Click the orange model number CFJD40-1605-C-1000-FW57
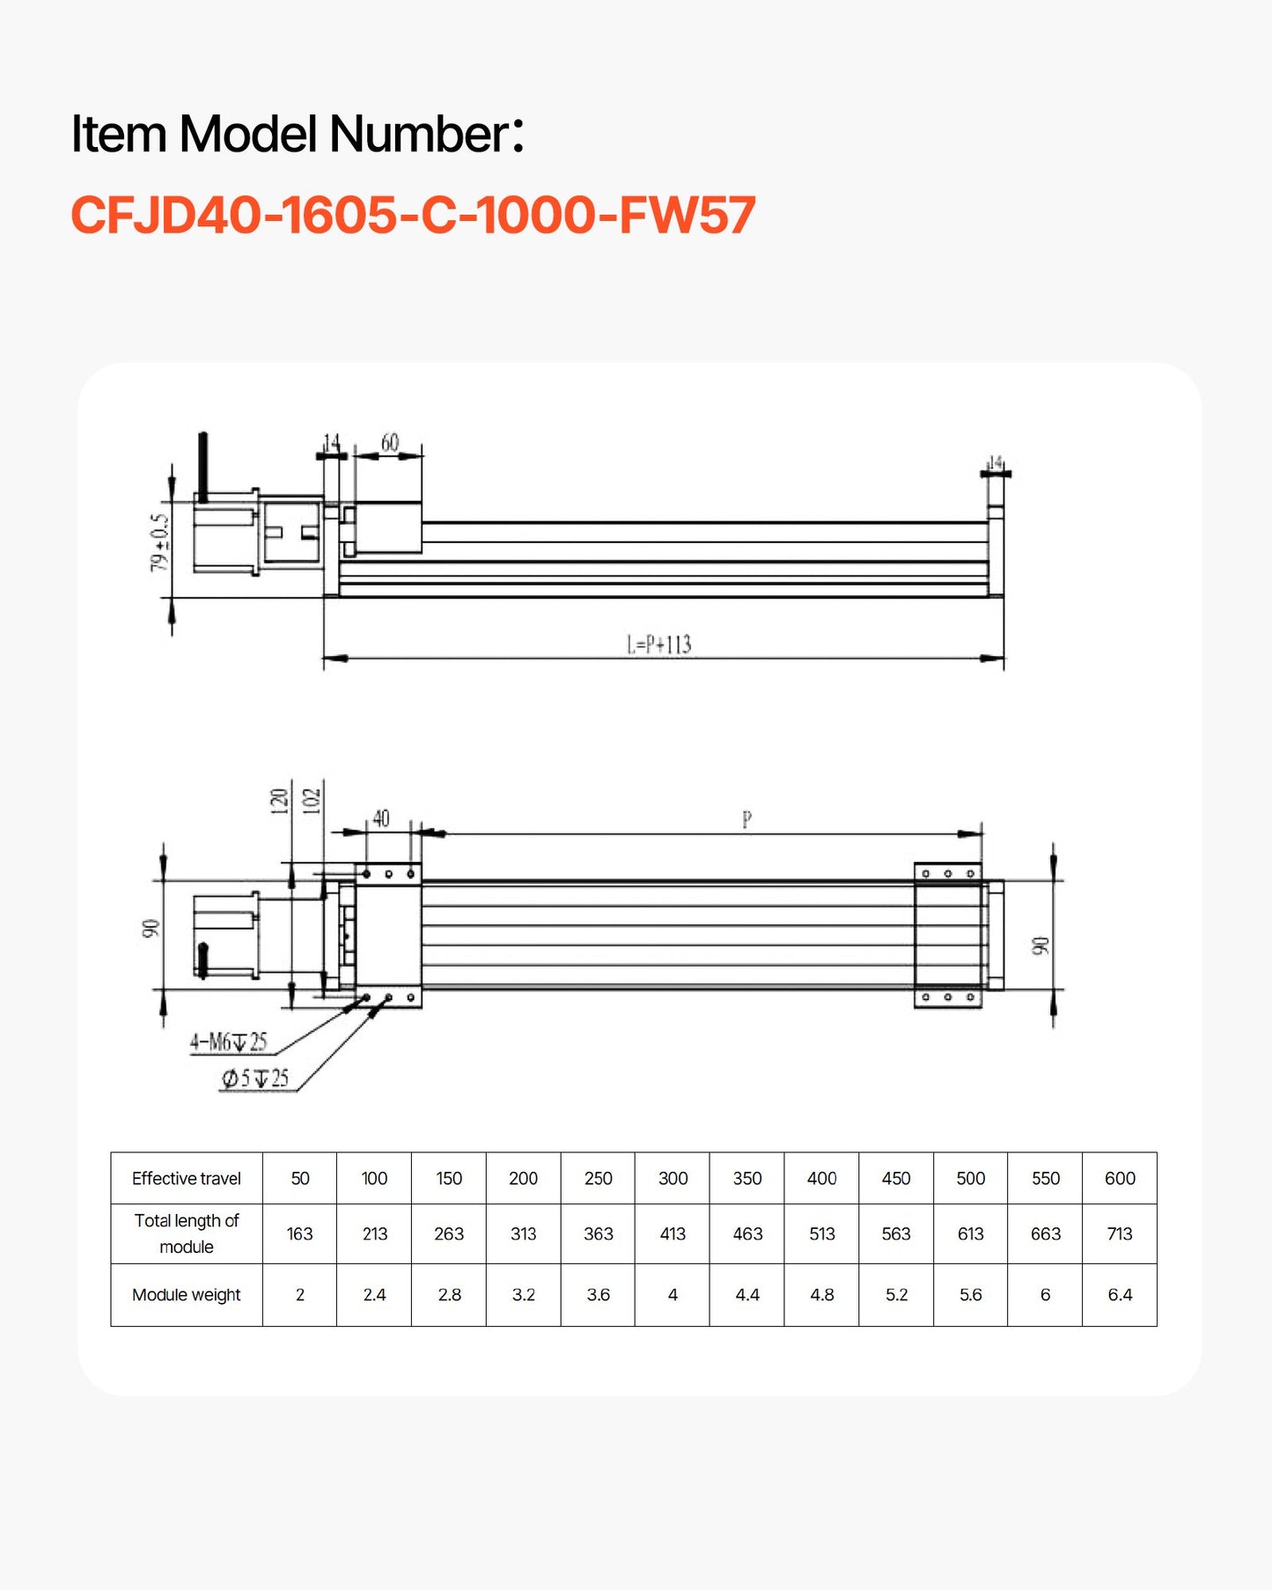tap(412, 216)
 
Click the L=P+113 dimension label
tap(658, 645)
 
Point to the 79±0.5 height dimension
tap(159, 542)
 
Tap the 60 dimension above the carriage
tap(389, 443)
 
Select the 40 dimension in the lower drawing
tap(380, 819)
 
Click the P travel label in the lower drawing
tap(746, 820)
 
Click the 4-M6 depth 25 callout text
tap(228, 1042)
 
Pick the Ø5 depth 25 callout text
tap(254, 1078)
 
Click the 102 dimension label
tap(311, 800)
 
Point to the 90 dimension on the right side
tap(1040, 946)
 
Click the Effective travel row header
tap(186, 1179)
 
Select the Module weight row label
tap(186, 1295)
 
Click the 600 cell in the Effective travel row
tap(1119, 1179)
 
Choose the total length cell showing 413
tap(673, 1234)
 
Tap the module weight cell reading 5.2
tap(896, 1295)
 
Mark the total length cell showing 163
tap(299, 1234)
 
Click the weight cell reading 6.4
tap(1119, 1295)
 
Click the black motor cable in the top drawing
tap(202, 467)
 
